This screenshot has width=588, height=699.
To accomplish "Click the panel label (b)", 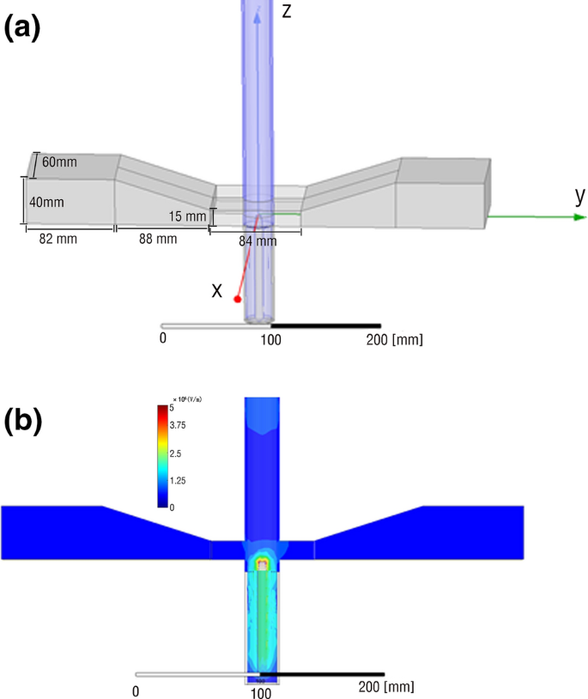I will (x=22, y=421).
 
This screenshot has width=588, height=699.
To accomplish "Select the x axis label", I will (x=217, y=291).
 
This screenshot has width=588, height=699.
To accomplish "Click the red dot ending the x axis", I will (x=238, y=299).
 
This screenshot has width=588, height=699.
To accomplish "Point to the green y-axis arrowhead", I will (x=578, y=217).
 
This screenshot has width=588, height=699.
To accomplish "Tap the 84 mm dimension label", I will (x=258, y=242).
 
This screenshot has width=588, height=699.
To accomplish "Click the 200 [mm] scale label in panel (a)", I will (x=393, y=340).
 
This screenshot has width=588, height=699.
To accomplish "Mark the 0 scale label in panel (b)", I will (x=136, y=690).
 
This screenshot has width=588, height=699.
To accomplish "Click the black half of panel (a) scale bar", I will (x=325, y=326).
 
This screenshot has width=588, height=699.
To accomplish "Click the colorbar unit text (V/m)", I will (x=190, y=399).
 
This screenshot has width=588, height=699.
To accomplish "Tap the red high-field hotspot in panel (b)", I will (x=262, y=562).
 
